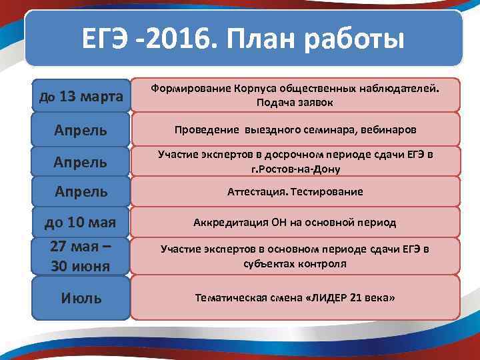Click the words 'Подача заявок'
point(294,103)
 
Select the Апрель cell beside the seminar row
point(81,129)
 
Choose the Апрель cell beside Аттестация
point(81,192)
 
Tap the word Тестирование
point(325,192)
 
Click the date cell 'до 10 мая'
point(81,222)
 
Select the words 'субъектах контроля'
point(294,264)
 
